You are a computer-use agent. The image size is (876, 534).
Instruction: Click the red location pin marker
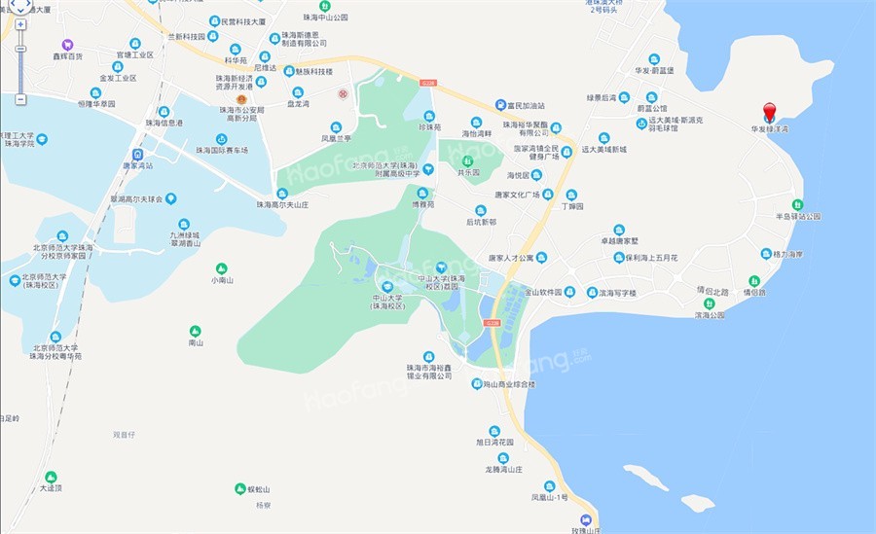(x=769, y=111)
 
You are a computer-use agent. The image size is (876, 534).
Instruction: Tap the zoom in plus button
(x=20, y=24)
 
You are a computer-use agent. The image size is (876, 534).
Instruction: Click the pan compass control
(x=18, y=6)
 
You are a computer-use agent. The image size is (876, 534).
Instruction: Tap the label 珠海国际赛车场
(x=222, y=150)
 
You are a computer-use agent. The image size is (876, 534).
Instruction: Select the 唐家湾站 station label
(x=137, y=165)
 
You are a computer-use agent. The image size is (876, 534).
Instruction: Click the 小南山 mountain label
(x=222, y=279)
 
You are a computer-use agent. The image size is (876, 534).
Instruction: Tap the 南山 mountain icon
(x=196, y=331)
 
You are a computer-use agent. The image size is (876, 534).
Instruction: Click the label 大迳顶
(x=51, y=488)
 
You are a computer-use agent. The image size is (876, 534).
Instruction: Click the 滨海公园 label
(x=710, y=315)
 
